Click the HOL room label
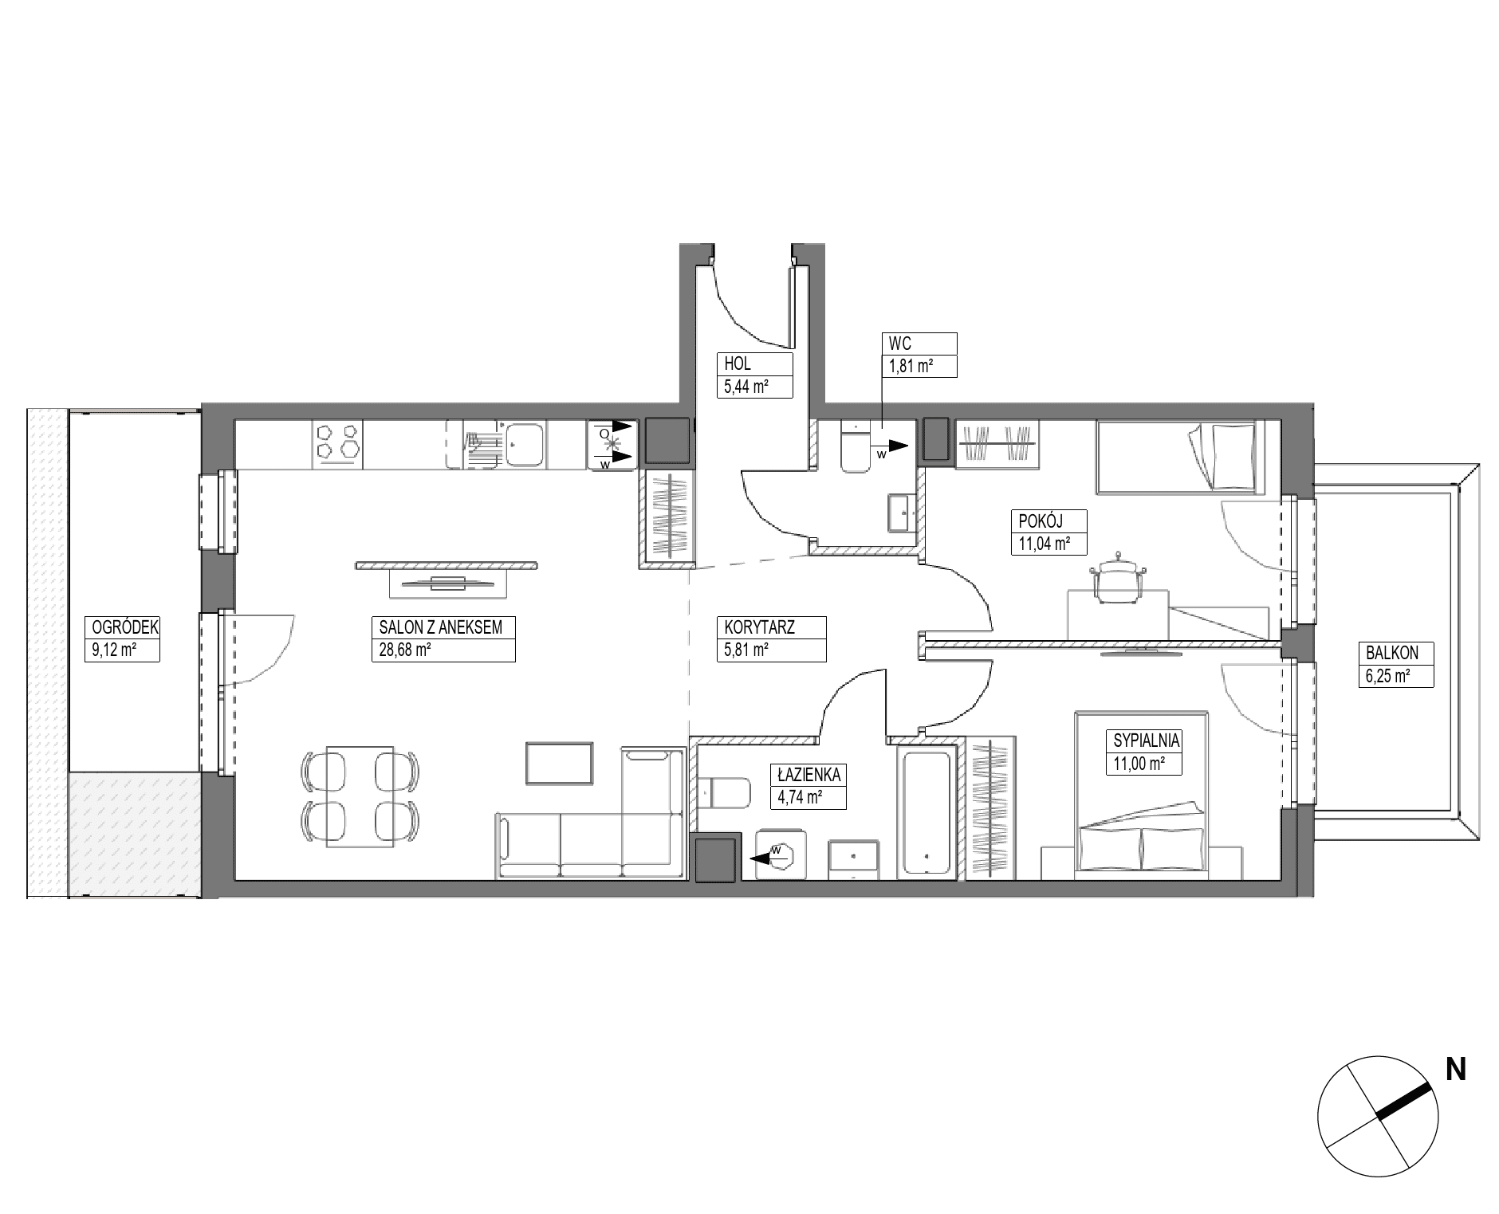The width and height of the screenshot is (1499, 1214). point(737,363)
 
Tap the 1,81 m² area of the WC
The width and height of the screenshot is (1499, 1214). point(911,367)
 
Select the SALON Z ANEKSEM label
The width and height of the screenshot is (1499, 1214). point(441,627)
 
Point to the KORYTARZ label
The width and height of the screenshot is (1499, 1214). point(755,627)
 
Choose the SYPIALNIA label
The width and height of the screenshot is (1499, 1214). point(1147,741)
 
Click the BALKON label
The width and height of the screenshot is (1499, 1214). point(1392,653)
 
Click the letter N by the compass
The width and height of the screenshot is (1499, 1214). point(1456,1069)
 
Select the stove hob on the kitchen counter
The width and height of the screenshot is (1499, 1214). point(339,443)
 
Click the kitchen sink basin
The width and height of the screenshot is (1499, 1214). point(525,443)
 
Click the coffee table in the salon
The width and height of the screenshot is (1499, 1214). point(559,763)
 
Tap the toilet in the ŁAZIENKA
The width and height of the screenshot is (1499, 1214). point(725,793)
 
